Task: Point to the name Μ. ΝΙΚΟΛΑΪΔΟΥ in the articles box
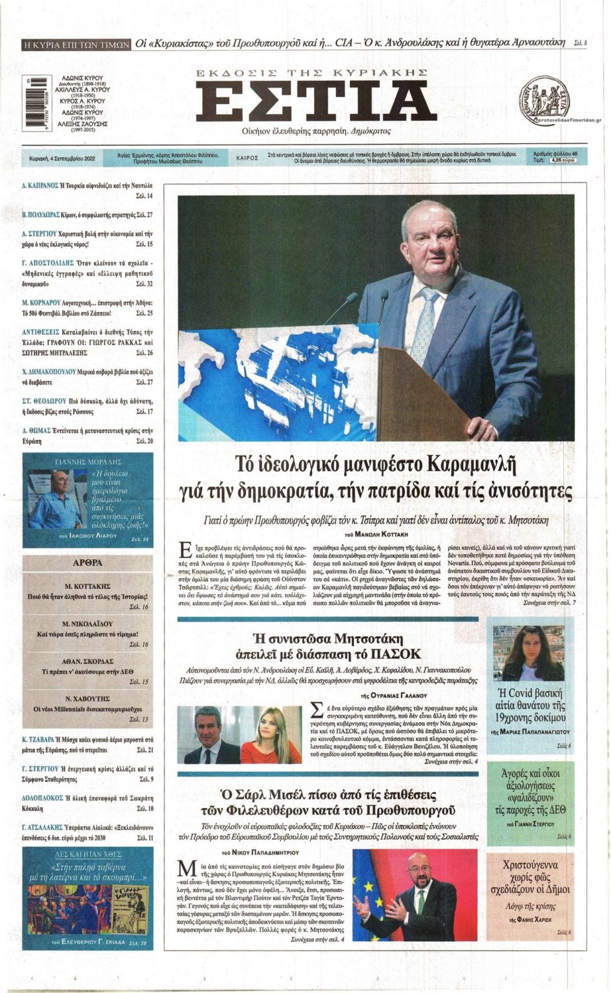88,624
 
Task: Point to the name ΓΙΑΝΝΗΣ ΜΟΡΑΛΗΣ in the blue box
88,463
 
